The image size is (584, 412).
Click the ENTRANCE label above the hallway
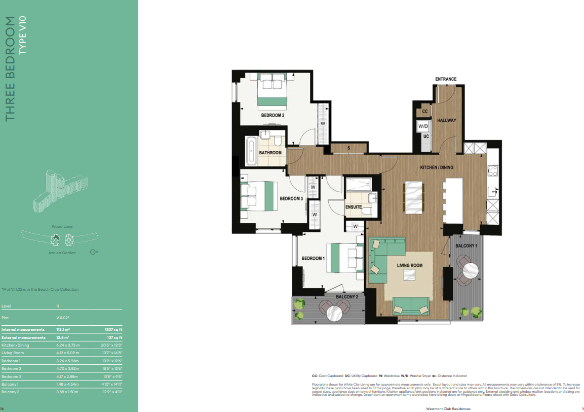pos(446,79)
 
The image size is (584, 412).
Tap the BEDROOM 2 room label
pos(272,115)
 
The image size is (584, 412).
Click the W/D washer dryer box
pos(423,126)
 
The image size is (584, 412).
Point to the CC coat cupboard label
pos(424,111)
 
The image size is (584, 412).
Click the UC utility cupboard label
pos(425,136)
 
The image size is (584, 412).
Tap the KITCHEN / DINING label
pos(437,167)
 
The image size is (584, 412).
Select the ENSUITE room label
pos(353,207)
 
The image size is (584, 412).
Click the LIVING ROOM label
pos(409,265)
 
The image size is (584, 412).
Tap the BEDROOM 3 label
pos(291,199)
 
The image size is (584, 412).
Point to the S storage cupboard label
pos(348,148)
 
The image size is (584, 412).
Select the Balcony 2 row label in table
pos(11,392)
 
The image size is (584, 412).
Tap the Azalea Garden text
pos(62,252)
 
